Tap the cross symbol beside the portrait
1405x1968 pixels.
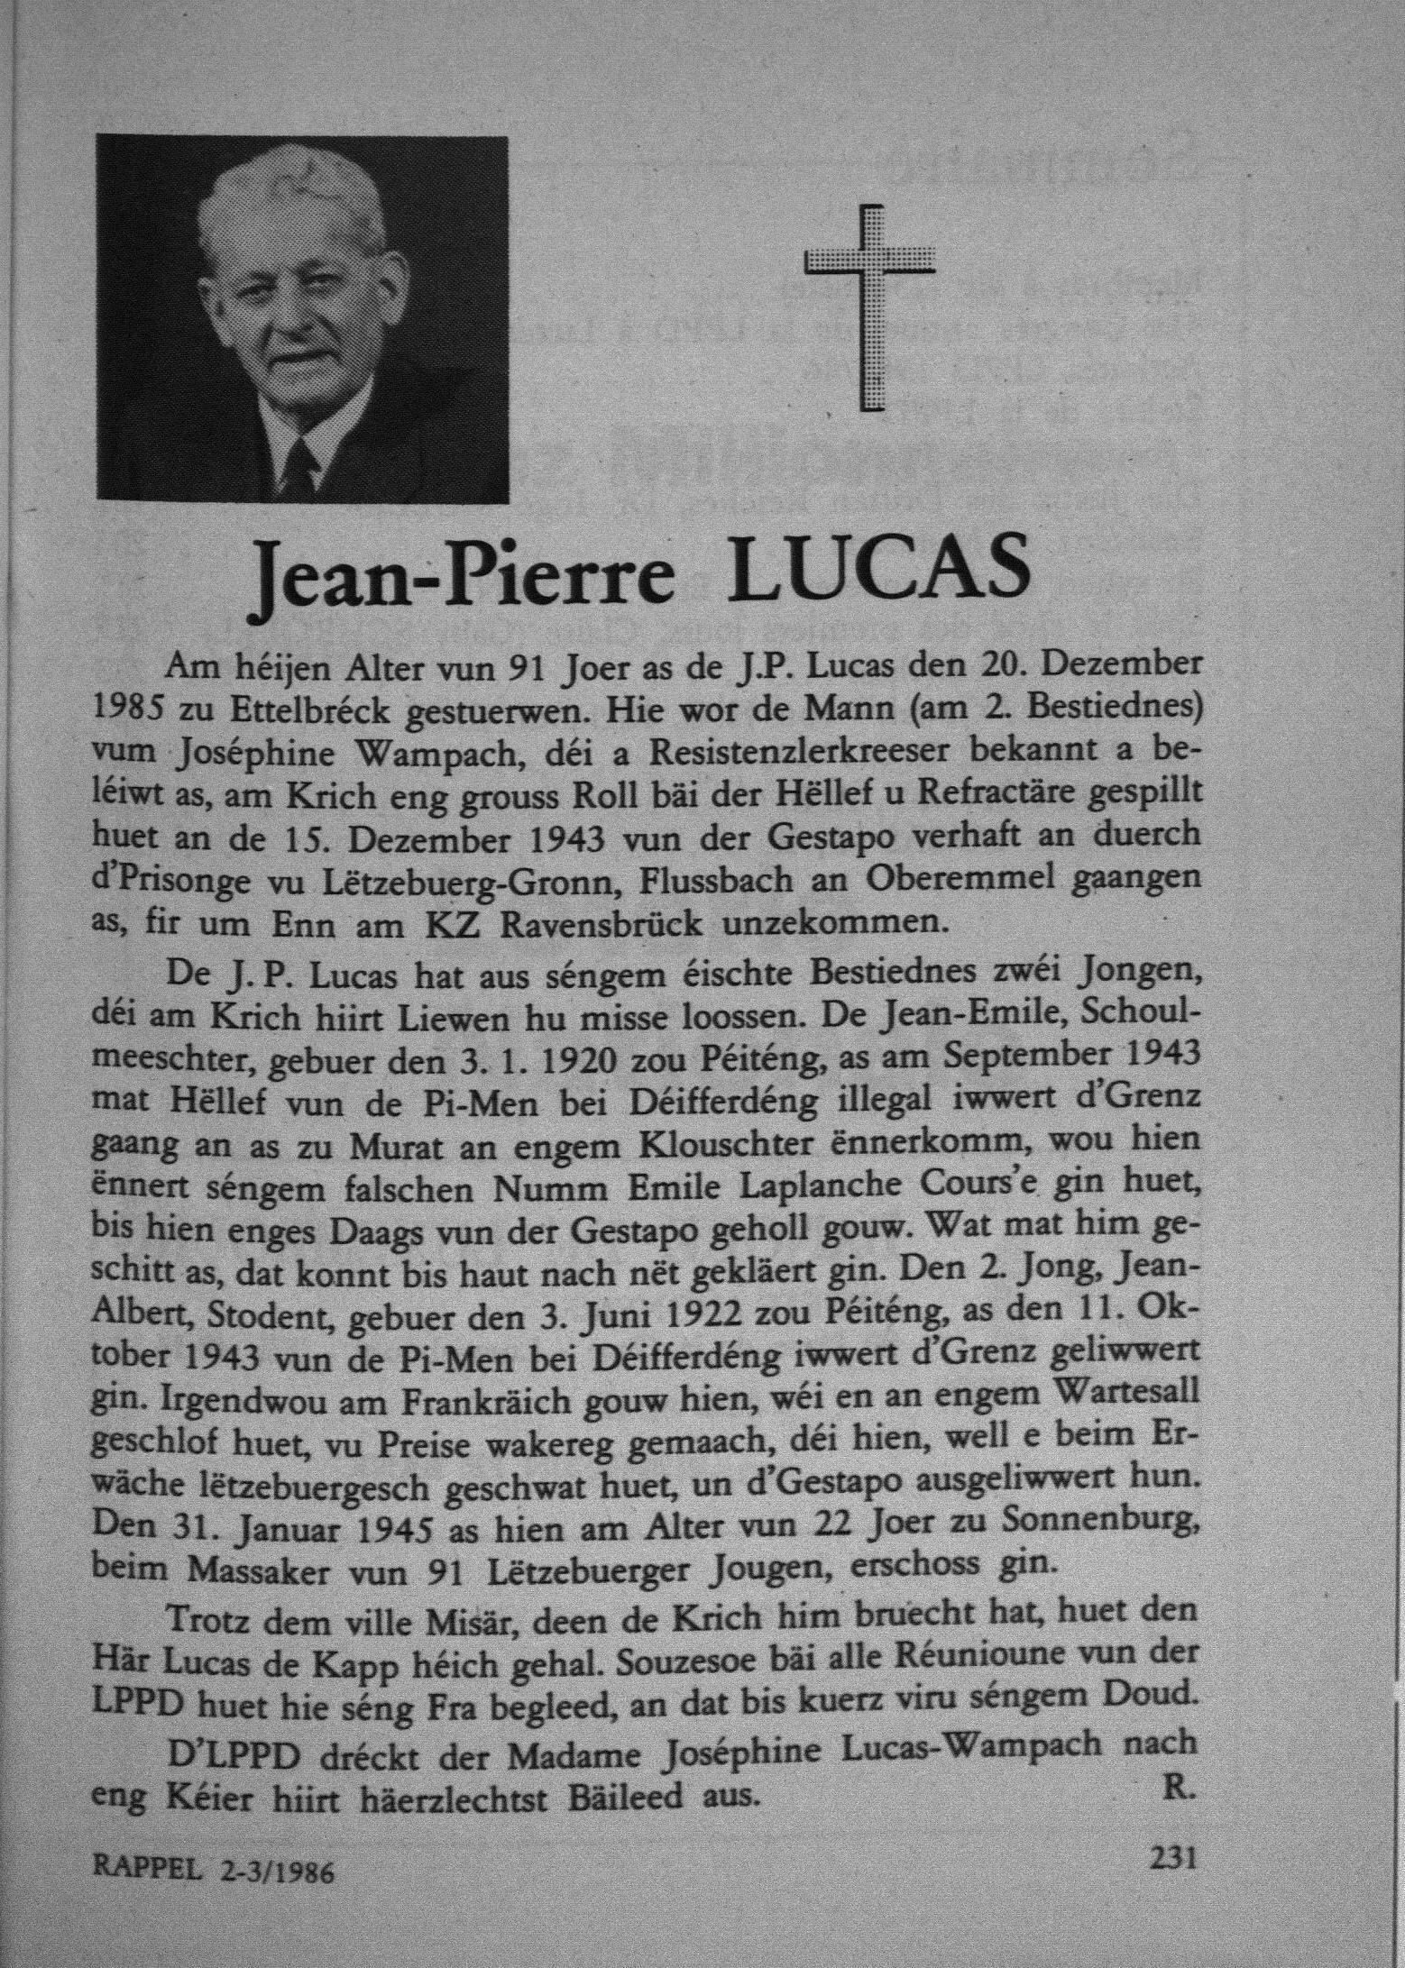(x=868, y=307)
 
